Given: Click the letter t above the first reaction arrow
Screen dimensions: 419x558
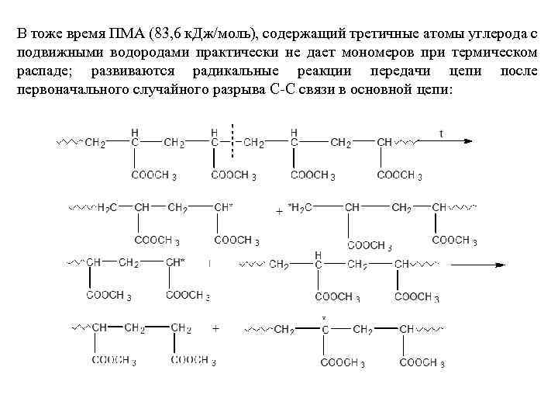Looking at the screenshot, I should click(442, 133).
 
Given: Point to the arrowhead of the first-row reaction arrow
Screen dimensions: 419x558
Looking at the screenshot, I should click(472, 143).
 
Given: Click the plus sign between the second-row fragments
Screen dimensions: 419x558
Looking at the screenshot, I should click(278, 211).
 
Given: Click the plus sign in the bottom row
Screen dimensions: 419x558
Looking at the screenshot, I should click(215, 329).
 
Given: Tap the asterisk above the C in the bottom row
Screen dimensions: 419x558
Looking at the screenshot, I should click(324, 318).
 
